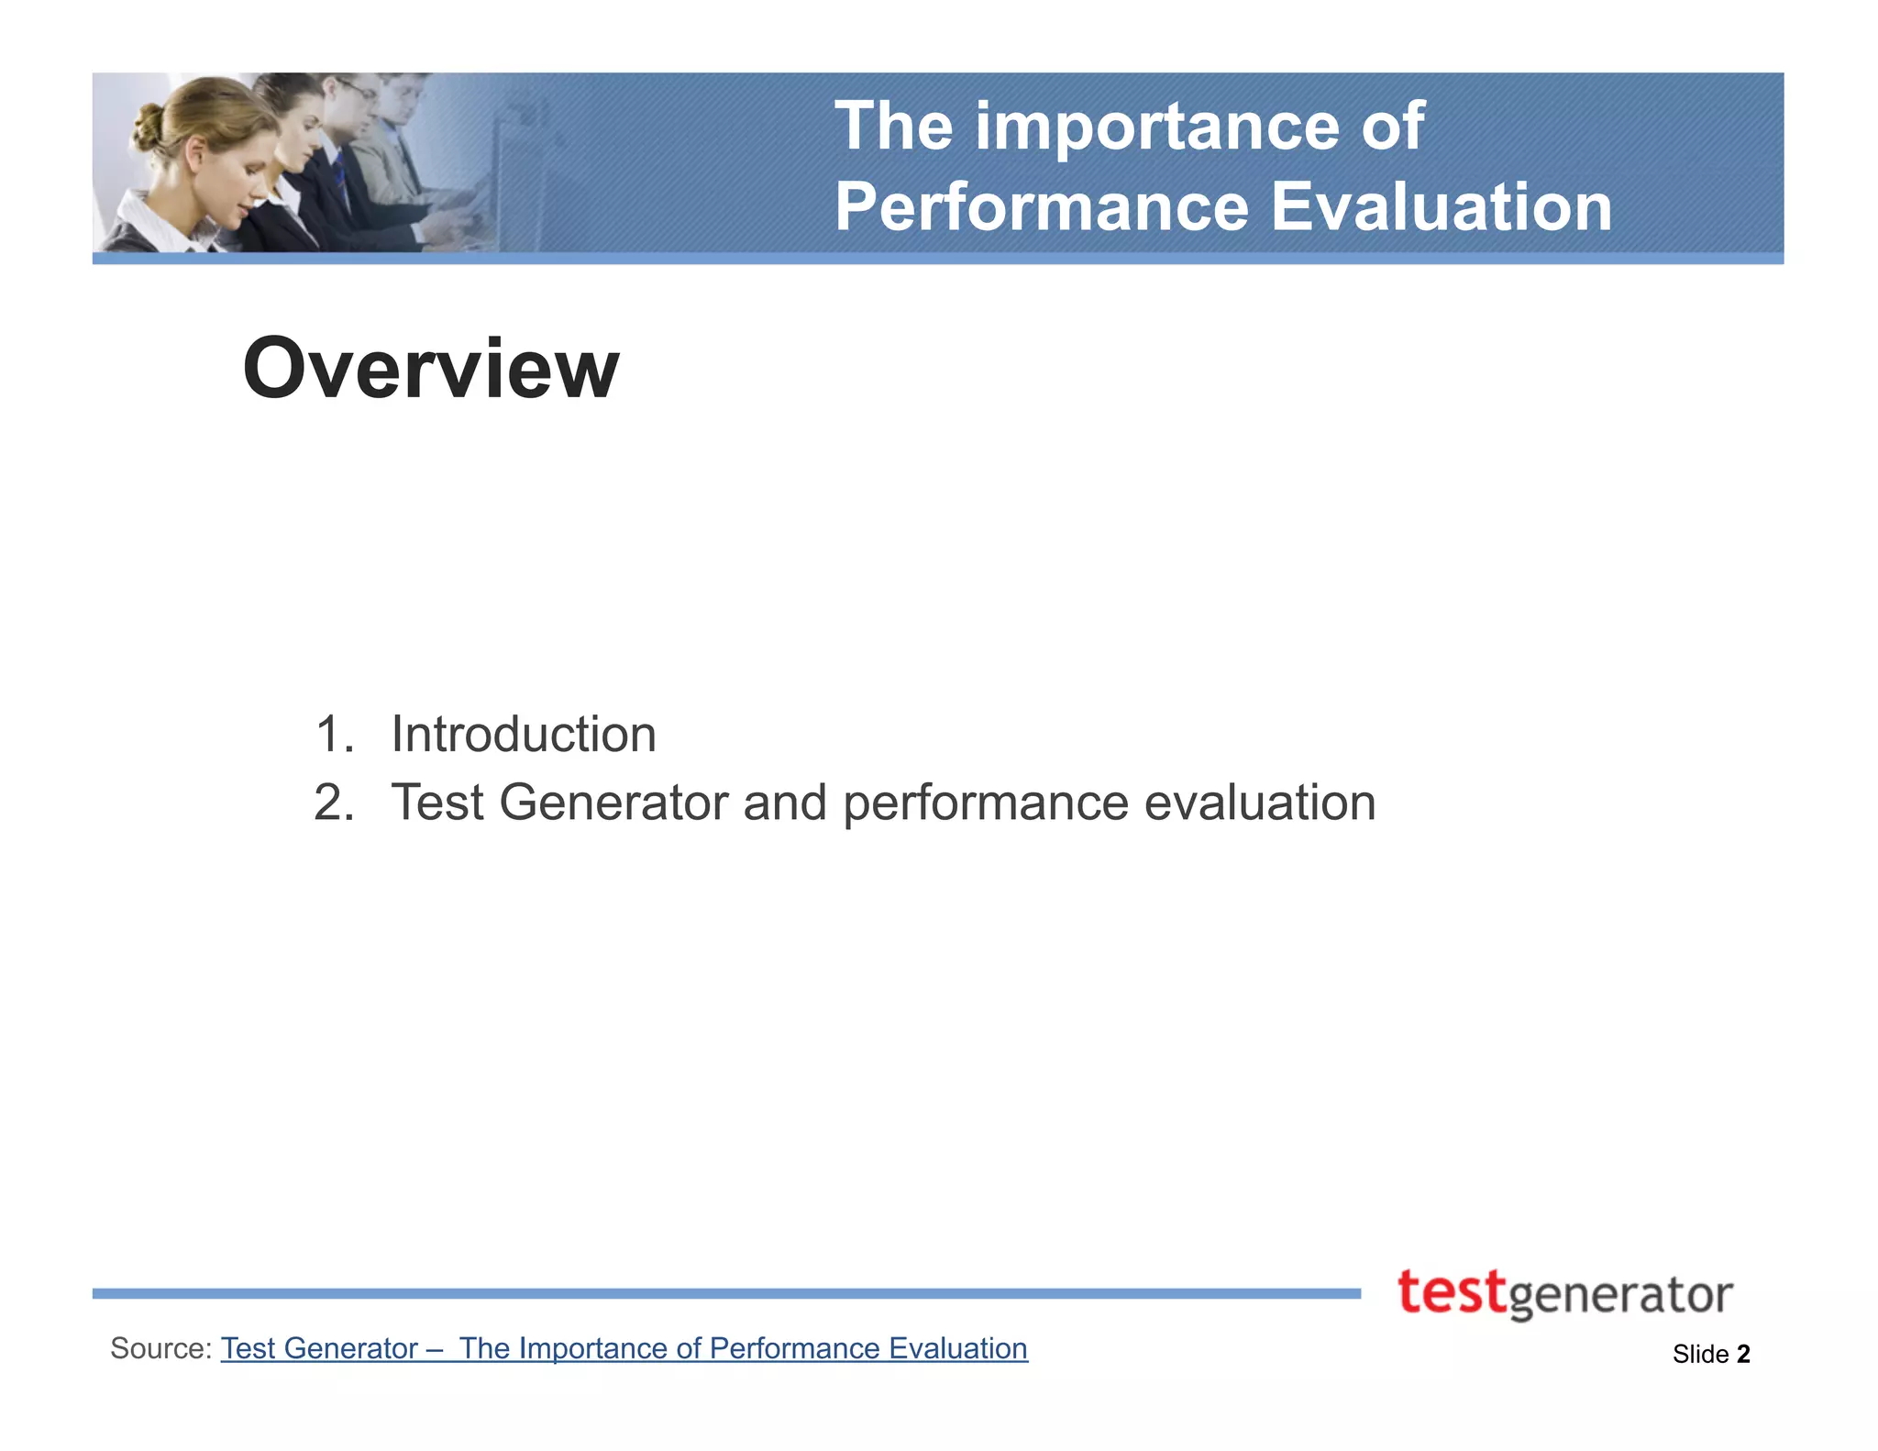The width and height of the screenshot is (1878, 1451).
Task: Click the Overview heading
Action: click(x=430, y=369)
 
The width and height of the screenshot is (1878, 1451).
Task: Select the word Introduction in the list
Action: click(x=523, y=735)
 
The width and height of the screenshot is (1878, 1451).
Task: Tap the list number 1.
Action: click(x=332, y=735)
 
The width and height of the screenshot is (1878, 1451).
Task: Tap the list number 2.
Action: click(x=332, y=803)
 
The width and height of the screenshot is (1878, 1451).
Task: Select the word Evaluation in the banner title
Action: click(x=1441, y=206)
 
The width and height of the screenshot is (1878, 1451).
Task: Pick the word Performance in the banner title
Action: click(x=1042, y=206)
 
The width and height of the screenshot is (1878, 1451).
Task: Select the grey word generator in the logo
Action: click(x=1619, y=1297)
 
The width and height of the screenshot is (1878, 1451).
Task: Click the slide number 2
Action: click(x=1743, y=1354)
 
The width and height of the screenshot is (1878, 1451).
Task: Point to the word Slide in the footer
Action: click(x=1700, y=1354)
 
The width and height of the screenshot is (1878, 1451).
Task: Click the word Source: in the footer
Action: click(x=161, y=1348)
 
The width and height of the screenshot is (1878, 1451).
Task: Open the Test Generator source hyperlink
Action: click(x=624, y=1348)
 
